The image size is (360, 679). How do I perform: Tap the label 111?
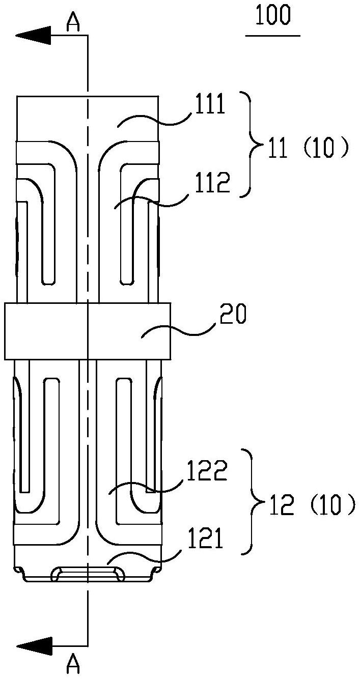(210, 104)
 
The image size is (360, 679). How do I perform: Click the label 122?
(207, 470)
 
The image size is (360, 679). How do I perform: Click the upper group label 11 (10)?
(308, 148)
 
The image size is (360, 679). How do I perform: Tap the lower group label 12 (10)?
(312, 504)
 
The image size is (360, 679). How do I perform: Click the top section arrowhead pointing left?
(33, 36)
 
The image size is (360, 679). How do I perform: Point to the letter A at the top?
(73, 22)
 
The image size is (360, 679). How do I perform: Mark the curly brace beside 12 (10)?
(254, 502)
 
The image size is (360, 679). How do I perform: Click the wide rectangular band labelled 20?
(88, 331)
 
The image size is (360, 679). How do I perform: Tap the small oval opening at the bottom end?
(88, 575)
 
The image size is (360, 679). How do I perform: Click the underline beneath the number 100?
(273, 36)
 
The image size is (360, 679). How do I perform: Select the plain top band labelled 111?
(88, 119)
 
